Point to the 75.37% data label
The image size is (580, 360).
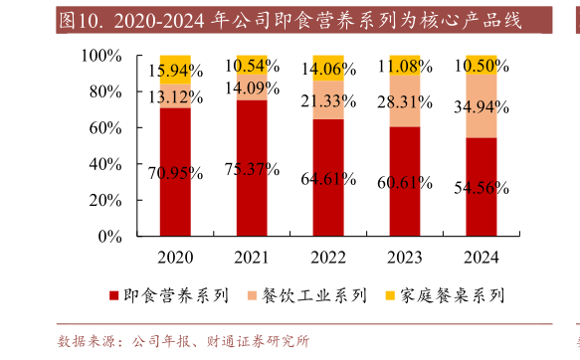[252, 169]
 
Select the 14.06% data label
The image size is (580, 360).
[328, 69]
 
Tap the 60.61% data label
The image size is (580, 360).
[405, 182]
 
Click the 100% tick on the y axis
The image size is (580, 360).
[100, 57]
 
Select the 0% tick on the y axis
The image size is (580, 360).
[109, 237]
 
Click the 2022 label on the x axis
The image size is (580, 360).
[328, 258]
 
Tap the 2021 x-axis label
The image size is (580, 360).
[252, 258]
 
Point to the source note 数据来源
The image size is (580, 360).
[90, 341]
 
